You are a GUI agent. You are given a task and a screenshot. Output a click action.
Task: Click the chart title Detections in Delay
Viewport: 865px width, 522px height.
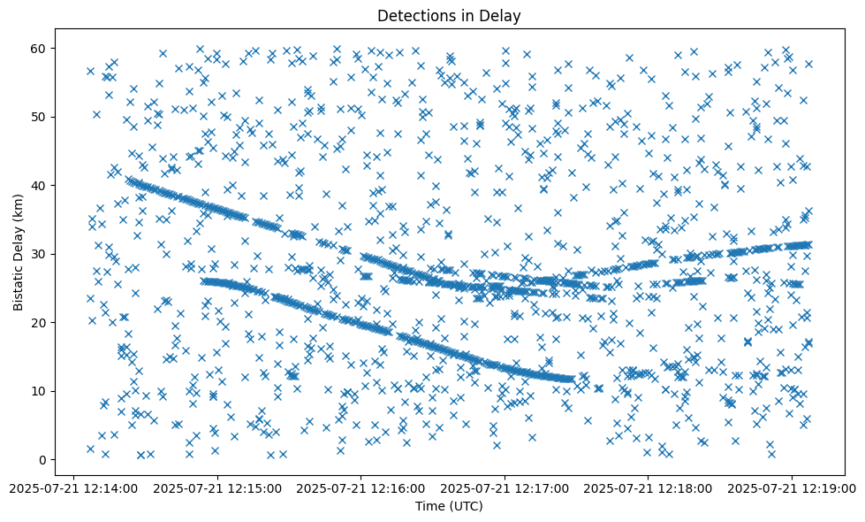[x=449, y=15]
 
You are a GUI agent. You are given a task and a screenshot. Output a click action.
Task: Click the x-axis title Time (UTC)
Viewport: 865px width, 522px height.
[x=449, y=506]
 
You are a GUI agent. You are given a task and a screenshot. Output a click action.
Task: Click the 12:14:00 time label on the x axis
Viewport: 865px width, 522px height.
[x=73, y=487]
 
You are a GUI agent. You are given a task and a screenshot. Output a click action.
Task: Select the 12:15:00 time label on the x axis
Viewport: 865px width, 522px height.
[x=217, y=487]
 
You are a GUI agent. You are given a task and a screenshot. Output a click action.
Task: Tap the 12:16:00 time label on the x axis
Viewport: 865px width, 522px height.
[x=361, y=487]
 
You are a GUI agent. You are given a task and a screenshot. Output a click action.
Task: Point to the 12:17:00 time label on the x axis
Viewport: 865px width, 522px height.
[x=505, y=487]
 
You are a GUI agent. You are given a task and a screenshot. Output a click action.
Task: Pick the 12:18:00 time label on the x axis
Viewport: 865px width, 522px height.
[x=649, y=487]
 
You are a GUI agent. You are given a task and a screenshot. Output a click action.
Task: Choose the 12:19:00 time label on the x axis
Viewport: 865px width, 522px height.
[x=793, y=487]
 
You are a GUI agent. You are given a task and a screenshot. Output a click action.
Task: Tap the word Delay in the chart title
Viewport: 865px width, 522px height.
[x=502, y=15]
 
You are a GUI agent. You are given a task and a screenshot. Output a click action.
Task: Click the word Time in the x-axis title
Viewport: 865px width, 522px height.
[x=430, y=506]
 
